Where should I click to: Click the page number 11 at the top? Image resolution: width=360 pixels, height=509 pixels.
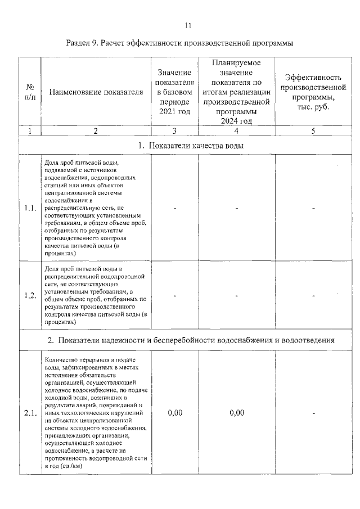point(188,25)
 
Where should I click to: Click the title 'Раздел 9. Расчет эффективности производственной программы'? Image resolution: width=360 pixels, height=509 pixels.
point(180,43)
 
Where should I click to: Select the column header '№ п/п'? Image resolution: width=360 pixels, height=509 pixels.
point(30,93)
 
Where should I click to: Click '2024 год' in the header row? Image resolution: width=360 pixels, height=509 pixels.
point(236,120)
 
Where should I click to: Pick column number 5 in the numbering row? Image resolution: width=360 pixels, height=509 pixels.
point(312,131)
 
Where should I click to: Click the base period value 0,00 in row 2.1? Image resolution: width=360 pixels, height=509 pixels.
point(175,413)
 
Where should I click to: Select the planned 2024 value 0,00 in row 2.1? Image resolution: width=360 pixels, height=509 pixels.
point(237,413)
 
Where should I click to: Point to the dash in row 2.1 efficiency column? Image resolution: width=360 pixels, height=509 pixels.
point(313,413)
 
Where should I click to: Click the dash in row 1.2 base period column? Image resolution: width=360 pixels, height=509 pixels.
point(175,296)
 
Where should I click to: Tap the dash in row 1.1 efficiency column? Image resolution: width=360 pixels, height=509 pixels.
point(313,208)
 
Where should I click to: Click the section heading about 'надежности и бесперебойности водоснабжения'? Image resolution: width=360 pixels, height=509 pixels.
point(191,340)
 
